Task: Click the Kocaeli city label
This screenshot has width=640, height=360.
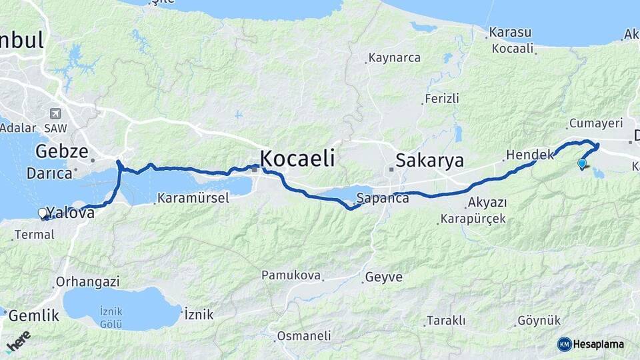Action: [297, 158]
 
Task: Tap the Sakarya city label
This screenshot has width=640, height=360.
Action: [429, 160]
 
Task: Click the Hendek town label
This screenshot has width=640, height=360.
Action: [530, 155]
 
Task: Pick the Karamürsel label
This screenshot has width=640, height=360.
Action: [193, 198]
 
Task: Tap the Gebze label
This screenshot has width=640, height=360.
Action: [61, 151]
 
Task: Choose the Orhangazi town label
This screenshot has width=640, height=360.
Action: [87, 281]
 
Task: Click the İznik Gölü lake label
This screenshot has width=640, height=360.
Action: [111, 317]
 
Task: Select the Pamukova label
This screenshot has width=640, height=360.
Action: [291, 275]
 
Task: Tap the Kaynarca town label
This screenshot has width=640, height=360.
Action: [395, 58]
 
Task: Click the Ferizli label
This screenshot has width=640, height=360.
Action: [443, 99]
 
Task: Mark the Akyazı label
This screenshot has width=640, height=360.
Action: [487, 202]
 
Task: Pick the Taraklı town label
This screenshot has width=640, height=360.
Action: [446, 320]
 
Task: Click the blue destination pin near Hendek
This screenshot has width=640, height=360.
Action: [582, 163]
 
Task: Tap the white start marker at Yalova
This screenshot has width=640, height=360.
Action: [43, 213]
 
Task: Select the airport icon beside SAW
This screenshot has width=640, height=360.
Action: [55, 114]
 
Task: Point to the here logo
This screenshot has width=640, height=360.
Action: [19, 341]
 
